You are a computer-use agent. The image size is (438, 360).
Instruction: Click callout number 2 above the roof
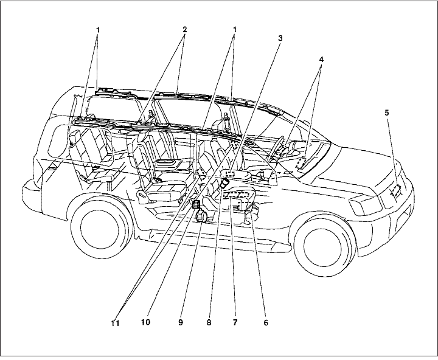184,29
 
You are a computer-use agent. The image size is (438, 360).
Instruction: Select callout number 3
280,38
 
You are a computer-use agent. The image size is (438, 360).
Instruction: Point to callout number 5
387,113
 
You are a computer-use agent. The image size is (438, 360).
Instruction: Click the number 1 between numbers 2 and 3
234,29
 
